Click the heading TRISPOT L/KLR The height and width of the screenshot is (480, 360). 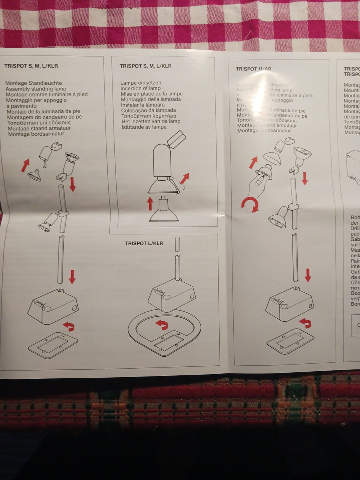[x=144, y=243]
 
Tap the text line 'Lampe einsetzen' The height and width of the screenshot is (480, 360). [x=141, y=83]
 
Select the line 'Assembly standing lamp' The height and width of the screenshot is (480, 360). [x=36, y=89]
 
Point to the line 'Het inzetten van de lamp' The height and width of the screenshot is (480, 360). [x=151, y=121]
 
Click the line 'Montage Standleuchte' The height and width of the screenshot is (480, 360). [x=34, y=83]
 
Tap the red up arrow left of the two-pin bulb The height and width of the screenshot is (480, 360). [x=150, y=203]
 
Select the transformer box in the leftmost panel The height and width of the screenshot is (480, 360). [x=53, y=305]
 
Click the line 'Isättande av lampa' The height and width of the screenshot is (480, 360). [x=144, y=127]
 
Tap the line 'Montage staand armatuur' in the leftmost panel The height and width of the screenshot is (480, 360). [x=39, y=128]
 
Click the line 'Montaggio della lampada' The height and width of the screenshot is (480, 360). [x=151, y=99]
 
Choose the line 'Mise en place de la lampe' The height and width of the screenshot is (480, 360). [x=152, y=94]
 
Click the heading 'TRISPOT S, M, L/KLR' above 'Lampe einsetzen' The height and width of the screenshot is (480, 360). [x=145, y=66]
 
